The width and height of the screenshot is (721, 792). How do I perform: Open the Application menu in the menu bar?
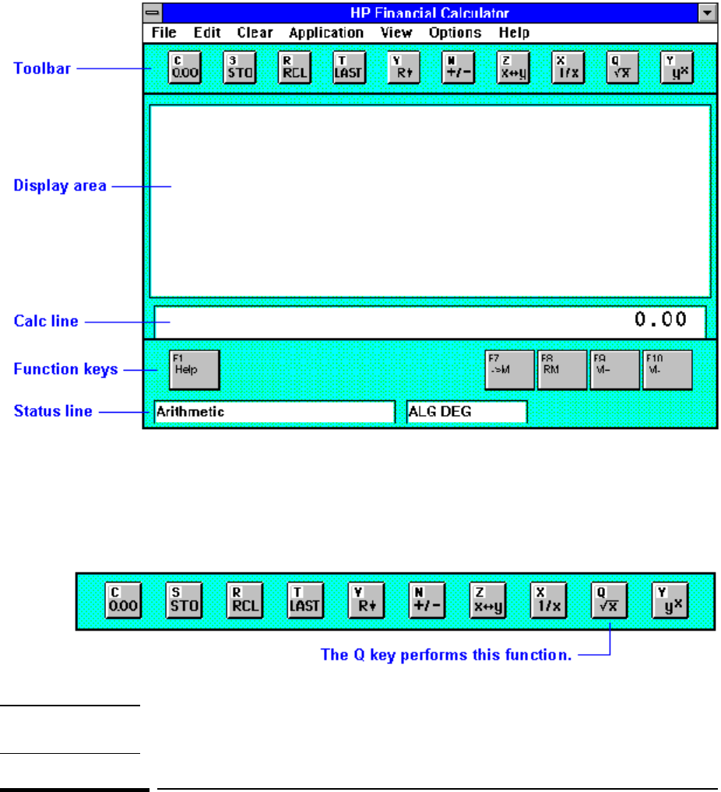(x=325, y=33)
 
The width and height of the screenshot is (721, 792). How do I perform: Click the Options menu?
(x=455, y=33)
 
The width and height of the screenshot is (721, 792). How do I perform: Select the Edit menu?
(x=207, y=33)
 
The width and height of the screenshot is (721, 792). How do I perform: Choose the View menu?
(x=396, y=33)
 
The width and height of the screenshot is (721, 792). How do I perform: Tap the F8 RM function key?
(x=561, y=369)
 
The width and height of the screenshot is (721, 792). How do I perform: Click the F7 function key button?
(x=509, y=369)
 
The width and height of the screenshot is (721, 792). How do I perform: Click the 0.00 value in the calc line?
(x=661, y=319)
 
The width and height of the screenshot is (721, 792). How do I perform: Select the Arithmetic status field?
(x=274, y=412)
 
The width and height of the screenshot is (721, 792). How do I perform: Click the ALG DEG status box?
(x=466, y=412)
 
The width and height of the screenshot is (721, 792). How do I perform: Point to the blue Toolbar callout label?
(x=42, y=69)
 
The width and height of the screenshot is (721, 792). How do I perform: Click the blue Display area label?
(x=60, y=186)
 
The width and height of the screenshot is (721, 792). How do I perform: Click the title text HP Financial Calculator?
(x=430, y=13)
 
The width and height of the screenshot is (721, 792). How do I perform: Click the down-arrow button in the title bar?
(x=707, y=12)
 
